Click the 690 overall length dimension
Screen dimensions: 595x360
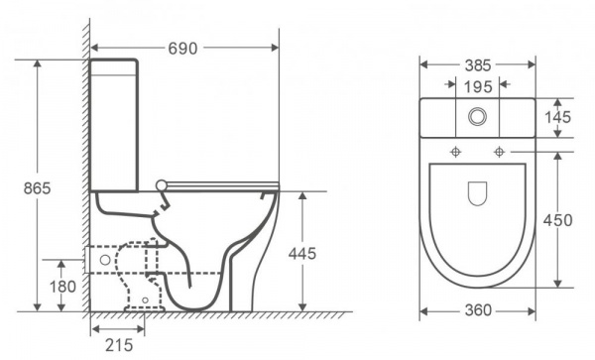[182, 49]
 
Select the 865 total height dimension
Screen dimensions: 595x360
[38, 188]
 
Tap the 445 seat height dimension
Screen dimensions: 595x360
[302, 254]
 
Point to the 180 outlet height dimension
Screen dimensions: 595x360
[62, 287]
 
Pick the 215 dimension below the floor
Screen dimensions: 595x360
[119, 345]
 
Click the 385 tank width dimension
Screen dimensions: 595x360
[478, 65]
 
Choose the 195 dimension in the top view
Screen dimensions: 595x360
[478, 87]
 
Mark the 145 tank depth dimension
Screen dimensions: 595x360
[557, 117]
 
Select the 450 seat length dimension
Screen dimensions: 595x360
[557, 220]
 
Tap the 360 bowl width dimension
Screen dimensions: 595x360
[478, 310]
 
